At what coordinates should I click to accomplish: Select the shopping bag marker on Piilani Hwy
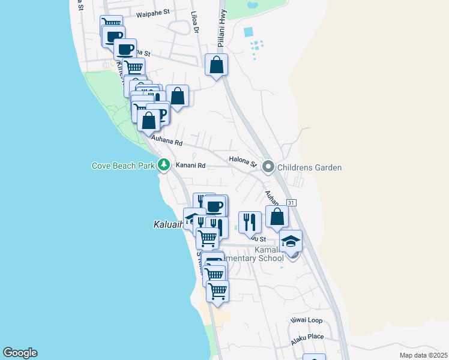coord(216,65)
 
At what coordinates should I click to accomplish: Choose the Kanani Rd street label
coord(190,165)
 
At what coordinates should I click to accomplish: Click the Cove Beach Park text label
coord(123,166)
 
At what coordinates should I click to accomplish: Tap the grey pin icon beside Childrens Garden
coord(268,167)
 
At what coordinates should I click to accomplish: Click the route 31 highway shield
coord(291,204)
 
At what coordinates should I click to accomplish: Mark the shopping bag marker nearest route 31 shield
coord(277,217)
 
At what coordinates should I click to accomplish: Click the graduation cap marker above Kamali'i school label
coord(291,241)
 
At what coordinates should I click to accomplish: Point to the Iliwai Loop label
coord(306,320)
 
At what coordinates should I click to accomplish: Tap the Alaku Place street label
coord(307,337)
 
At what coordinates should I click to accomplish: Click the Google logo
coord(20,353)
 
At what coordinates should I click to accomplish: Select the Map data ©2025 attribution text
coord(423,355)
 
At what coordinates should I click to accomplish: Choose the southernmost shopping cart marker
coord(217,292)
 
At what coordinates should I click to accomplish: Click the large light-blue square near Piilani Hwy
coord(249,31)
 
